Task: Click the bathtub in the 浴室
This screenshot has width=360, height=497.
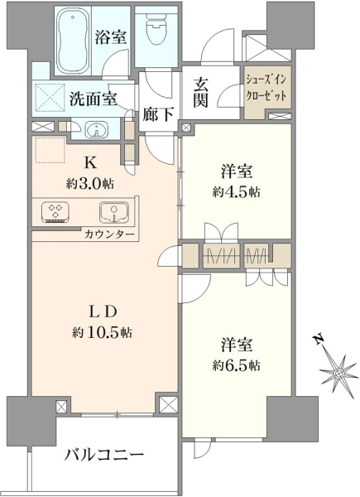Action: [x=73, y=41]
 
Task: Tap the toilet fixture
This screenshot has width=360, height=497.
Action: [x=158, y=28]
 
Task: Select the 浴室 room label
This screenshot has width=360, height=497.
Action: [x=111, y=36]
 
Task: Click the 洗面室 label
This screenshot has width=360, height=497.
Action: [x=93, y=99]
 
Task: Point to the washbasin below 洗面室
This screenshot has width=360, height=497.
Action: [x=97, y=129]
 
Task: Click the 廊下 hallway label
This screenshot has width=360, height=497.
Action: [x=158, y=114]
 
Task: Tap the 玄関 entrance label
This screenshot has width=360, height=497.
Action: [x=201, y=92]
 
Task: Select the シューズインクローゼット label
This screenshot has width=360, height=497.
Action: [x=266, y=88]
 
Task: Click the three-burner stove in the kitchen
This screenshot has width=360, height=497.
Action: [x=55, y=211]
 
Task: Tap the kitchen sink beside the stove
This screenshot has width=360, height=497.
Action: [x=114, y=212]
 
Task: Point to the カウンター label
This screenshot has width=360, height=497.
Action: [x=109, y=235]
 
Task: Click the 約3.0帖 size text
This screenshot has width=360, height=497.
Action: [x=90, y=184]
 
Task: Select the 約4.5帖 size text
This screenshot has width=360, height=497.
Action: [x=237, y=192]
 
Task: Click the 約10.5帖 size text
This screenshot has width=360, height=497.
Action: [x=103, y=332]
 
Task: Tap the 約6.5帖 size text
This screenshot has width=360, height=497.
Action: [x=237, y=366]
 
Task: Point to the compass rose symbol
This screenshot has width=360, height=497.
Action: [x=339, y=374]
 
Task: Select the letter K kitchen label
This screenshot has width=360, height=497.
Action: [x=90, y=163]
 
